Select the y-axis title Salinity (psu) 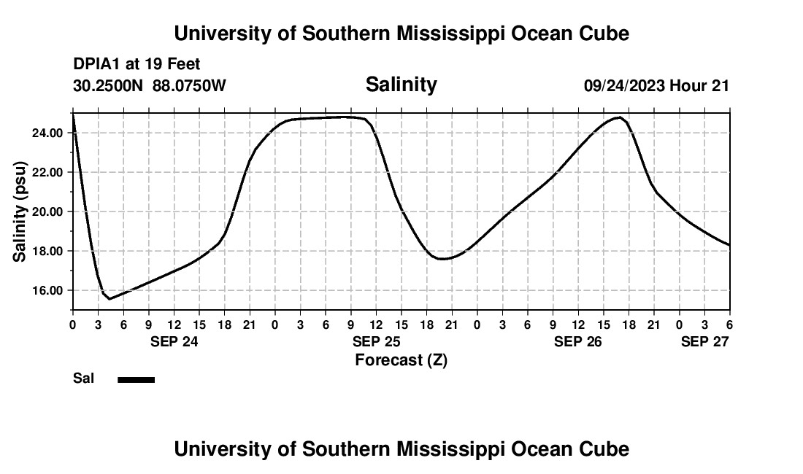(20, 211)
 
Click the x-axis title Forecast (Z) (401, 360)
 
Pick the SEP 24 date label (174, 341)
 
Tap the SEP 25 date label (376, 341)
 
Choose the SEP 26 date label (578, 341)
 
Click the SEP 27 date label (704, 341)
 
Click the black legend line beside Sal (137, 379)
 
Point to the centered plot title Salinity (401, 85)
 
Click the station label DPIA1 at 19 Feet (137, 64)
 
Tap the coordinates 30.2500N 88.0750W (150, 86)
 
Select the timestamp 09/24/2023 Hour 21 (656, 86)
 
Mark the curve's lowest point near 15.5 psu (109, 299)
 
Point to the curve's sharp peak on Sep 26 (620, 117)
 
